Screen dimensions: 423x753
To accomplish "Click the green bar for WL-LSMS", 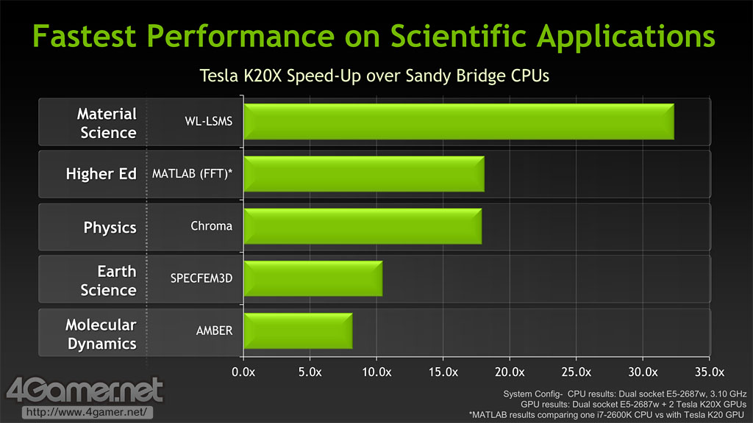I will pyautogui.click(x=458, y=122).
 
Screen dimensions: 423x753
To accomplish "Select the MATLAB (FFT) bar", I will pyautogui.click(x=363, y=174).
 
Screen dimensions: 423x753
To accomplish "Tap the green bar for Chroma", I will pyautogui.click(x=362, y=226).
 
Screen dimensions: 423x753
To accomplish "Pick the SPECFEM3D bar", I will pyautogui.click(x=313, y=278).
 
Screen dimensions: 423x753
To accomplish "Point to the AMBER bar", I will pyautogui.click(x=298, y=330).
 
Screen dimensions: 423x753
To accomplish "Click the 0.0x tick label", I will pyautogui.click(x=243, y=371).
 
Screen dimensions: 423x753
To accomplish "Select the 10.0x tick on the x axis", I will pyautogui.click(x=376, y=371).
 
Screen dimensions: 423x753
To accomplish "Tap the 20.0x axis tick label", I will pyautogui.click(x=510, y=371).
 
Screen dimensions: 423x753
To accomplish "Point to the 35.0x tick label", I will pyautogui.click(x=710, y=371).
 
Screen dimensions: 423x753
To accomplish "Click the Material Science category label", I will pyautogui.click(x=107, y=123).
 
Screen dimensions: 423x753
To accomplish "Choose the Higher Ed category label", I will pyautogui.click(x=101, y=175).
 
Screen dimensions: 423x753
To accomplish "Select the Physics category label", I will pyautogui.click(x=110, y=227).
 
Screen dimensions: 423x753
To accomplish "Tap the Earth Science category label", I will pyautogui.click(x=108, y=280).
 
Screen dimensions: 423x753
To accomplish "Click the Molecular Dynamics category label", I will pyautogui.click(x=101, y=333).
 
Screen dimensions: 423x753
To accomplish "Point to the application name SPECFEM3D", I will pyautogui.click(x=201, y=278).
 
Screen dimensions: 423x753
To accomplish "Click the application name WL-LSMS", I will pyautogui.click(x=208, y=121).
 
